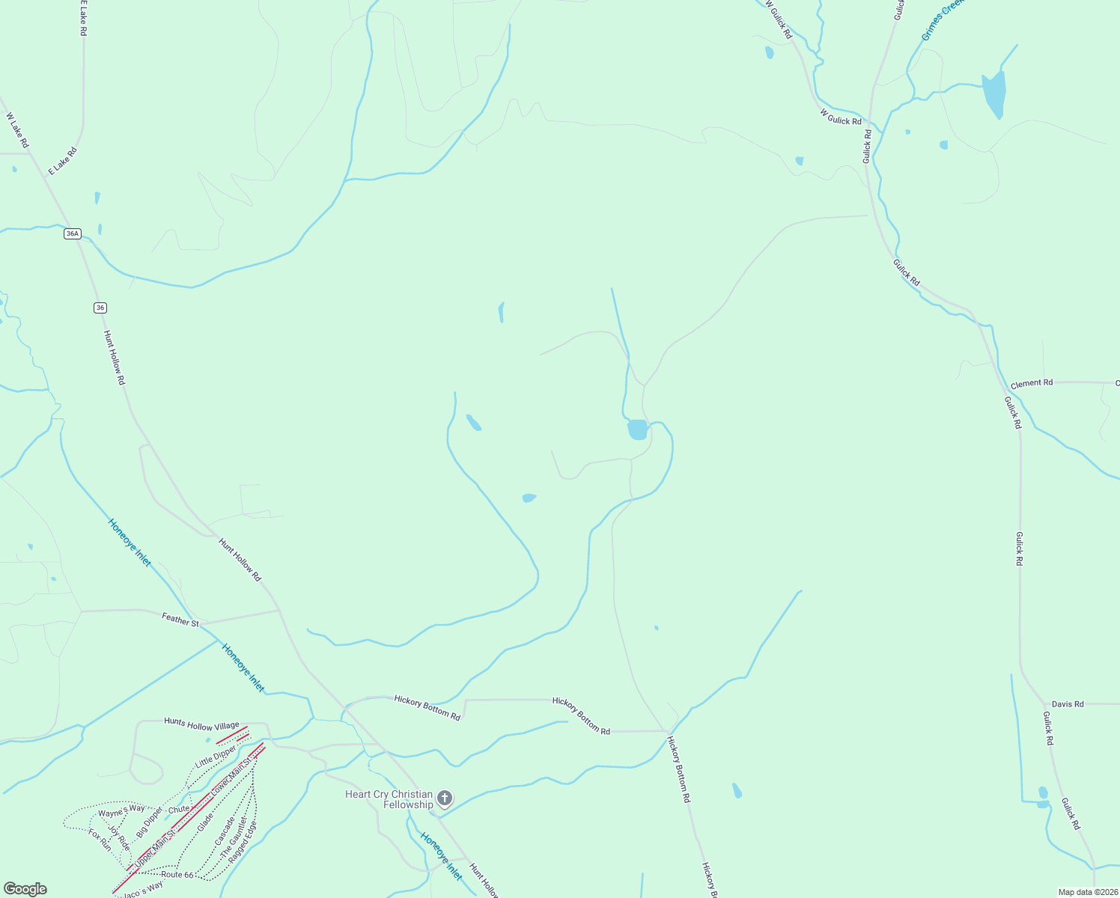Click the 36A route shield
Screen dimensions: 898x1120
[x=72, y=233]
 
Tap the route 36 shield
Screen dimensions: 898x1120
[x=100, y=308]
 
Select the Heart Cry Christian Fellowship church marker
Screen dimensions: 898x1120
[x=445, y=798]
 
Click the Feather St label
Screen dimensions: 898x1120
[x=180, y=620]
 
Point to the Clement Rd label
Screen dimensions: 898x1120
[x=1032, y=383]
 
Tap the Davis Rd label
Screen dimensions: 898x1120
[x=1068, y=704]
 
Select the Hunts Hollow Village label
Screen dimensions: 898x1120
[x=201, y=724]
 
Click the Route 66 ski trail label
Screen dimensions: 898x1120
[x=177, y=874]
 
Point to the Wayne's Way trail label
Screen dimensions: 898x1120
[x=122, y=811]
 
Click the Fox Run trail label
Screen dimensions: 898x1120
[x=100, y=840]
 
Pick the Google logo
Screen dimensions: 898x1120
[x=25, y=889]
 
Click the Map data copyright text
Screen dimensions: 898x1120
[x=1087, y=892]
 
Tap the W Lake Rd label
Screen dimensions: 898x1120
[x=17, y=129]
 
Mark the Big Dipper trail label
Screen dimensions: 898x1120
[x=150, y=822]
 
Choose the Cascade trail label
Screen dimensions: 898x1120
[x=225, y=832]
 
